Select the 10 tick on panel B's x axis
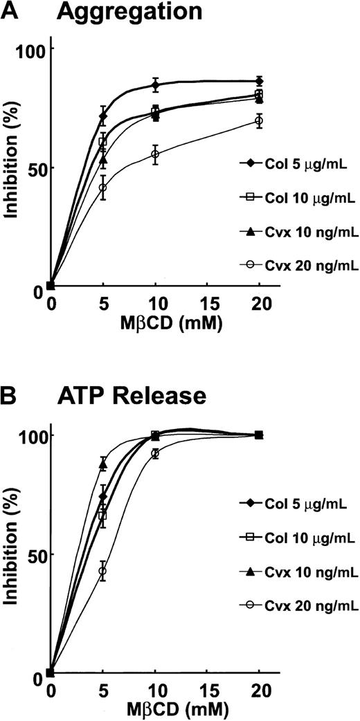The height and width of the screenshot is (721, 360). coord(154,689)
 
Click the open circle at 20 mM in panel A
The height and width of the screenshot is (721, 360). coord(259,120)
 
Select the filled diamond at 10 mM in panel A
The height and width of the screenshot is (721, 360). coord(155,85)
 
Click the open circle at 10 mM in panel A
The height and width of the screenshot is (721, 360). coord(155,154)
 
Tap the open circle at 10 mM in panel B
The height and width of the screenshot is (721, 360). coord(155,453)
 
